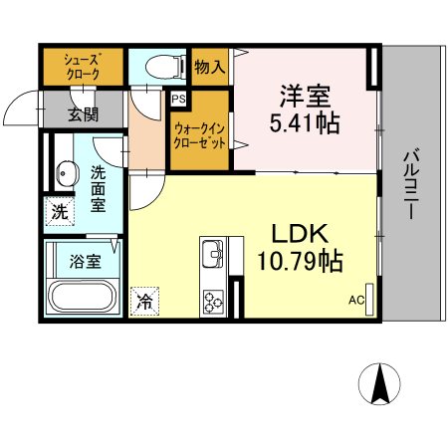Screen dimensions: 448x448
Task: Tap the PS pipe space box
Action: (179, 99)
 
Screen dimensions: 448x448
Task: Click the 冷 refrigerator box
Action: (144, 298)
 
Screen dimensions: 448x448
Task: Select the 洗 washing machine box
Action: (58, 211)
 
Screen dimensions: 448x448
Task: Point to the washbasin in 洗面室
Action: (65, 174)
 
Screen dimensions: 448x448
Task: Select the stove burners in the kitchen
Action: (213, 299)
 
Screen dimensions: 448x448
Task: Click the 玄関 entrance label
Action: (83, 112)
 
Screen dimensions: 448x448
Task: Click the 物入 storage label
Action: (210, 67)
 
